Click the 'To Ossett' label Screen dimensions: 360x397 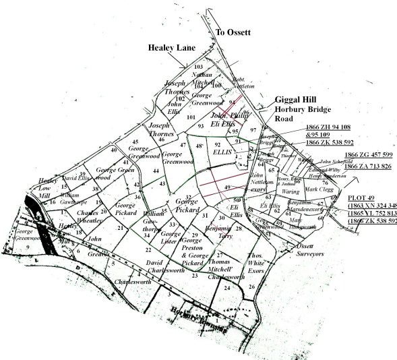click(x=233, y=32)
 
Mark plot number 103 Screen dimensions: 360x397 click(x=198, y=67)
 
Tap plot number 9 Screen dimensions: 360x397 click(x=28, y=246)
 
